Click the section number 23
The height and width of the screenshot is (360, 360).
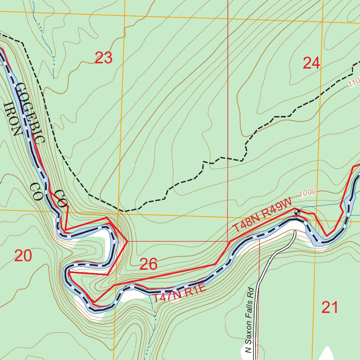pos(103,58)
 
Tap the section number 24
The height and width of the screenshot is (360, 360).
pos(311,63)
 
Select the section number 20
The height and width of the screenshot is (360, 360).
pos(23,256)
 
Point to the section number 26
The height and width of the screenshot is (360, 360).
pos(148,264)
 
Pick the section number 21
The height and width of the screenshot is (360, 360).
pos(330,308)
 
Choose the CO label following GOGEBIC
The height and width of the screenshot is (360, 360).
pos(61,199)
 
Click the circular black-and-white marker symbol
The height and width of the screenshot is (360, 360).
pos(297,212)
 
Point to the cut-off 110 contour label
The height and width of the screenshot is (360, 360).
pos(354,83)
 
